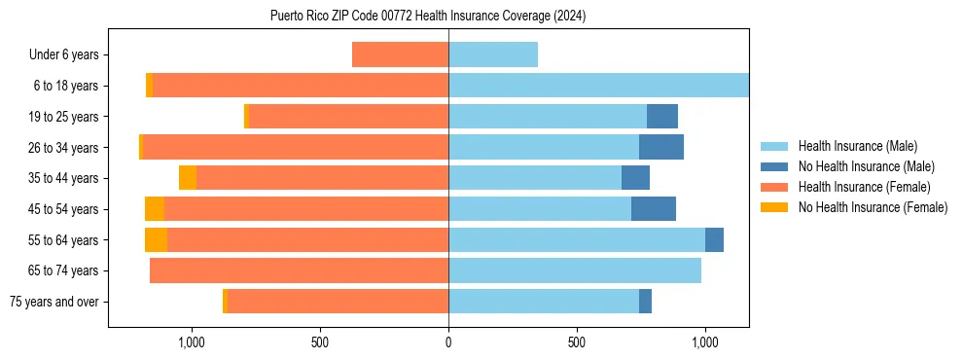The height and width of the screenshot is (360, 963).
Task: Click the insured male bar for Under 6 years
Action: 493,55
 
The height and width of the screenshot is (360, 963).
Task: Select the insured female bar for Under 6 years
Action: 400,55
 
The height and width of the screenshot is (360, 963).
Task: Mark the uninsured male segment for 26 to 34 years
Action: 661,147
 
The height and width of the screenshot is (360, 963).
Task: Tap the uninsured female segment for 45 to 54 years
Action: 155,209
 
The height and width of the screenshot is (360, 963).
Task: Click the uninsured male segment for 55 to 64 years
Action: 714,240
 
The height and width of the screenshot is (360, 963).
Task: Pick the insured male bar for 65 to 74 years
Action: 575,270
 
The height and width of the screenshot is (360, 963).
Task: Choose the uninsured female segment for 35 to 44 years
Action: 188,178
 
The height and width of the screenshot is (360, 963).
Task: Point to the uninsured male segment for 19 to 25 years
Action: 662,117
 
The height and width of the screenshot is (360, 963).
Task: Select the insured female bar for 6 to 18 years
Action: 301,86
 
